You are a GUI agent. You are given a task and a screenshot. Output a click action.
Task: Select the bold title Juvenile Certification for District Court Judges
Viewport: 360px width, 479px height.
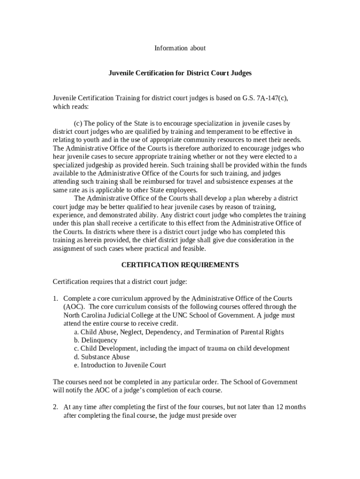pyautogui.click(x=180, y=73)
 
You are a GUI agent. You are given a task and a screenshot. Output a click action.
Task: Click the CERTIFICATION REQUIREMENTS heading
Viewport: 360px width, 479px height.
pyautogui.click(x=180, y=265)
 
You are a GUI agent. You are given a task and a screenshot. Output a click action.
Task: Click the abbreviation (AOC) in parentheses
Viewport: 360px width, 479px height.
pyautogui.click(x=74, y=307)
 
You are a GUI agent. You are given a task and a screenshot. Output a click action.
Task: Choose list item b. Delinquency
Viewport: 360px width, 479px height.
pyautogui.click(x=95, y=341)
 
